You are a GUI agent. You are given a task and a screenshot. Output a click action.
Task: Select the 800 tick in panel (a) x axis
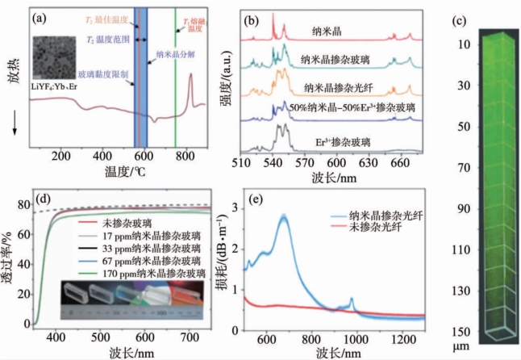185,155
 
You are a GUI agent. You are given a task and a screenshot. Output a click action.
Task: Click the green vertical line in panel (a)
176,73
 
